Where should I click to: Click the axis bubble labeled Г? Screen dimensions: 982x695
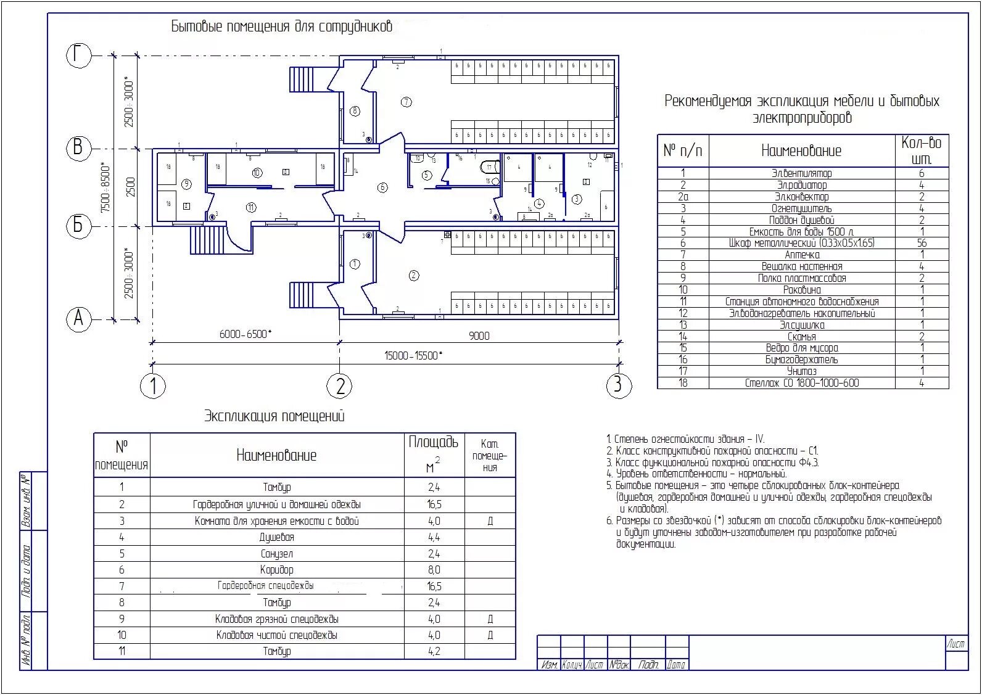tap(78, 56)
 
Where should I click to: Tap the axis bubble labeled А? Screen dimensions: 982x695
tap(78, 319)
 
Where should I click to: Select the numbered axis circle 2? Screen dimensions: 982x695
tap(339, 386)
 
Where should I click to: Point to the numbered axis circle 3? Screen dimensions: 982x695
tap(618, 385)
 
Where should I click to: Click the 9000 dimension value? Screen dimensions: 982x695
tap(479, 336)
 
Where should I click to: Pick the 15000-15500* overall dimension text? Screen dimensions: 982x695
tap(413, 356)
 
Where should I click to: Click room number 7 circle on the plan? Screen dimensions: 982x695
tap(406, 102)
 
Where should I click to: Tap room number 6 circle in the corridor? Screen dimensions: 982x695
tap(382, 187)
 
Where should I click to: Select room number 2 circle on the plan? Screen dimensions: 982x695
tap(414, 275)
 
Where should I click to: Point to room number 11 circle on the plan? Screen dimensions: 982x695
tap(250, 208)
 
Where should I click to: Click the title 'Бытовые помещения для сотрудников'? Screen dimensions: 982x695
tap(281, 27)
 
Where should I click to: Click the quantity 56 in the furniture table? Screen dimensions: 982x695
tap(922, 243)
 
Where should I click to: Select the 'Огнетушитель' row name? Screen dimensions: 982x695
tap(801, 208)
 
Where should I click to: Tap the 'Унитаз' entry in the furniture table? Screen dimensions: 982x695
tap(801, 371)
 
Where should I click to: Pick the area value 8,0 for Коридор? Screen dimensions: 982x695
tap(434, 570)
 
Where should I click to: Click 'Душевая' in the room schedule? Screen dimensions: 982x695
tap(276, 537)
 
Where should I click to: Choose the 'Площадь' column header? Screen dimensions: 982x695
tap(434, 442)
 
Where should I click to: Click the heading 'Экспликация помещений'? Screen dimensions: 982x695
tap(274, 416)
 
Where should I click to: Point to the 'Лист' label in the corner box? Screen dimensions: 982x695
tap(956, 644)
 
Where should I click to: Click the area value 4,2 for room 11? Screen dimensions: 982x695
tap(434, 651)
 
